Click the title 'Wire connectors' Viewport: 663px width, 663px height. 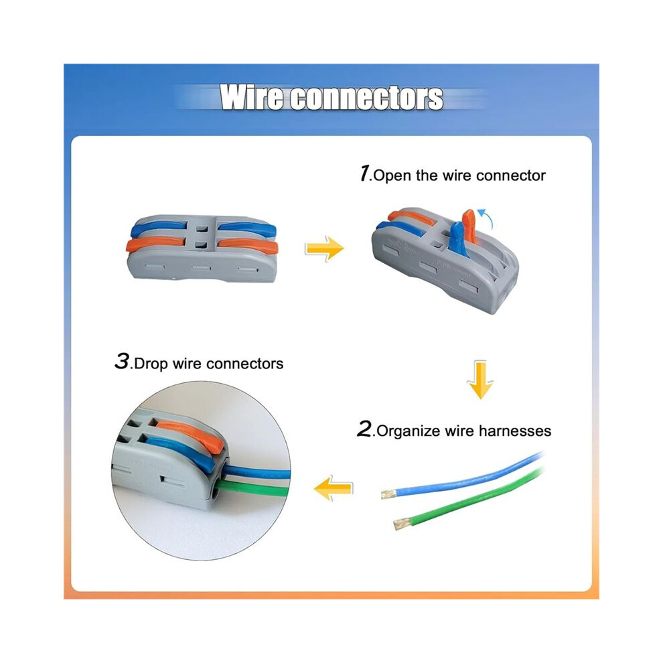(331, 98)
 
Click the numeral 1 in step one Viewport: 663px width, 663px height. (364, 173)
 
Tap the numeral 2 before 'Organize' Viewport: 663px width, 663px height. (364, 429)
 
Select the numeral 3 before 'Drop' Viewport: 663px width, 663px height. (122, 362)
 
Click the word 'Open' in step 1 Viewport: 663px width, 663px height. (392, 176)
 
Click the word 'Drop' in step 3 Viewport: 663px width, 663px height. (151, 364)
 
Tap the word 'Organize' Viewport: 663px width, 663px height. (409, 432)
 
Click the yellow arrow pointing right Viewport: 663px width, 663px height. (325, 248)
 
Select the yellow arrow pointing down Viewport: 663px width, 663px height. (480, 380)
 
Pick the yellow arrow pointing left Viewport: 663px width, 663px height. (334, 488)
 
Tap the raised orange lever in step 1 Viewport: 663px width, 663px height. (469, 226)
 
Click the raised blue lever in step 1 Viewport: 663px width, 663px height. (457, 239)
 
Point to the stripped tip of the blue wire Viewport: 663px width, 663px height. (388, 494)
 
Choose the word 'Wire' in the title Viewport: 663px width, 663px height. (251, 98)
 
